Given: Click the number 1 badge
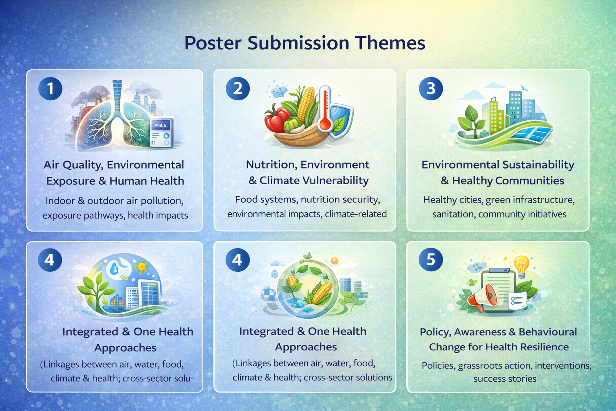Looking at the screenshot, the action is click(x=50, y=88).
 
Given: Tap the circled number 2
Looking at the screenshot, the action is click(x=238, y=88).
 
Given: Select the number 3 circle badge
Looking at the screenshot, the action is click(x=431, y=88).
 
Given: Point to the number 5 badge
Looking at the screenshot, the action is click(x=431, y=259).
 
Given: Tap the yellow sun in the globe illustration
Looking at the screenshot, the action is click(x=142, y=267).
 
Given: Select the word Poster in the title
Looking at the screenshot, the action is click(x=213, y=43).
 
